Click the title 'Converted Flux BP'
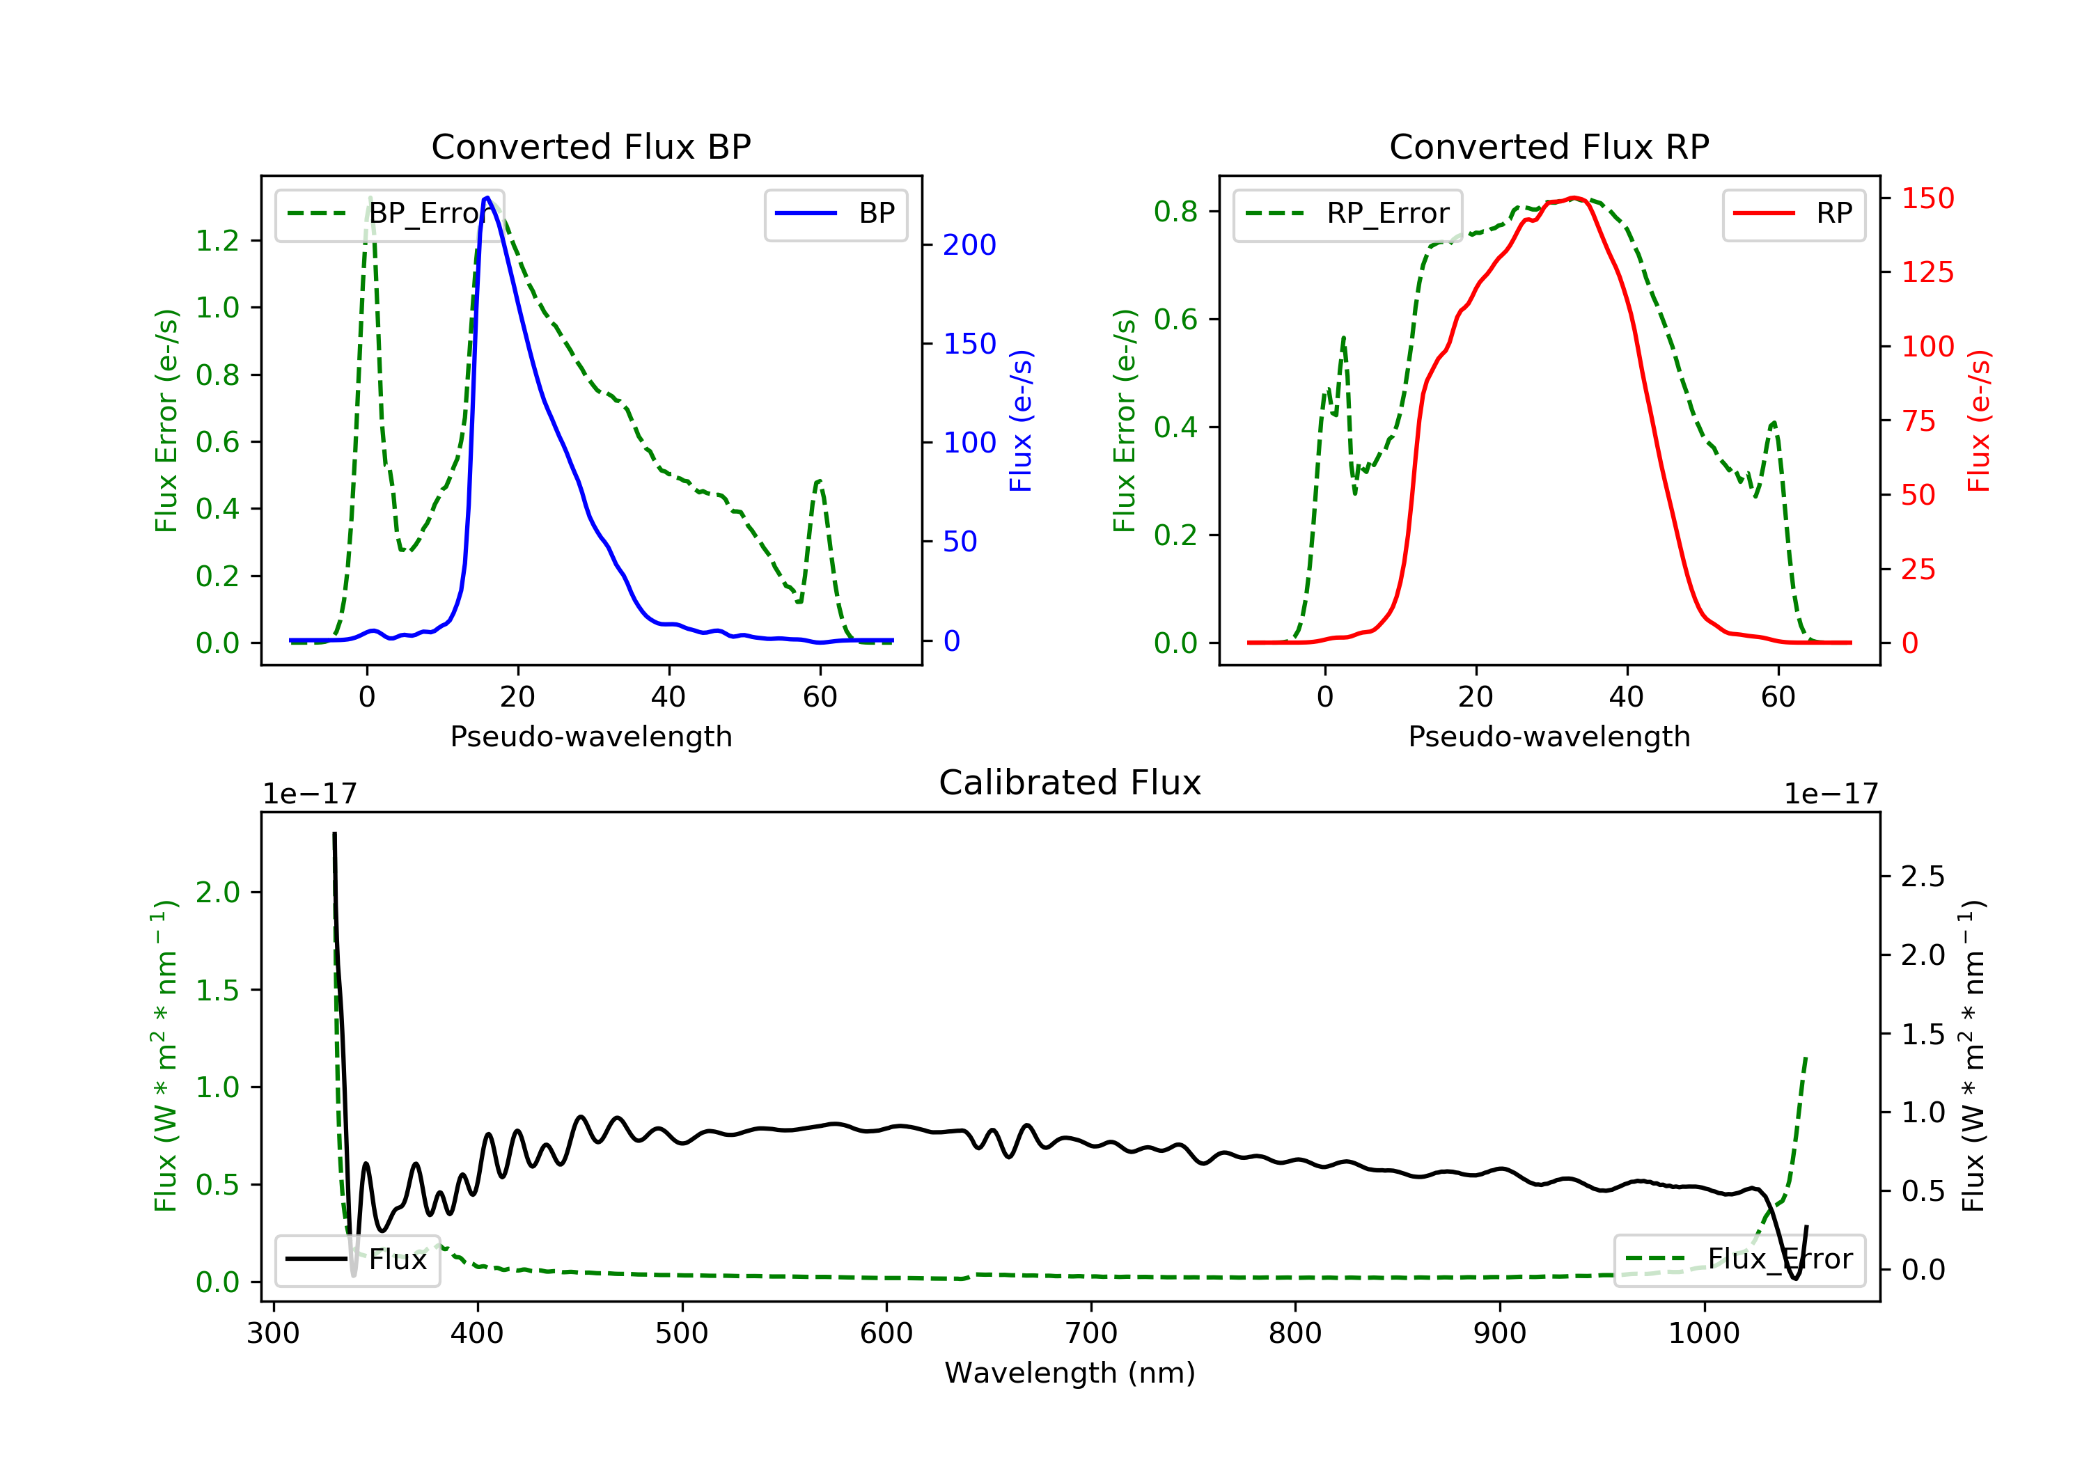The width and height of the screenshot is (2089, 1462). point(590,146)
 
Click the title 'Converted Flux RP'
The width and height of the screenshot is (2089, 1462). point(1549,146)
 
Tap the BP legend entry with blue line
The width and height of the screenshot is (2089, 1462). point(836,214)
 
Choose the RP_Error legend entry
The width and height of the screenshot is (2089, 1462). point(1347,214)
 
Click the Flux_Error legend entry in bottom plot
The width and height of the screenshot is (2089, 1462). point(1739,1259)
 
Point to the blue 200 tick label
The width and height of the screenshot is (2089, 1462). point(969,245)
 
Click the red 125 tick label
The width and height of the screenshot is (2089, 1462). point(1927,272)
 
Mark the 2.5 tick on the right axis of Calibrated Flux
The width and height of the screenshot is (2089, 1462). point(1923,877)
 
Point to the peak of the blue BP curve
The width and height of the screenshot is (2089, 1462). point(487,198)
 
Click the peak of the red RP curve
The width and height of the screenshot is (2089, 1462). point(1574,198)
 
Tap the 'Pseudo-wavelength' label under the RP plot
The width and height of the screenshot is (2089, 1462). point(1549,737)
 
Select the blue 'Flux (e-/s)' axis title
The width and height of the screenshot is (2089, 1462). point(1021,420)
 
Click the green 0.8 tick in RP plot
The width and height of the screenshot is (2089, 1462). point(1175,212)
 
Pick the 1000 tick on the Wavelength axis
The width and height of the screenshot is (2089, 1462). point(1703,1334)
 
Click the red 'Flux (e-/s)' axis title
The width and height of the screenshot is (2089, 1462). point(1979,420)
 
